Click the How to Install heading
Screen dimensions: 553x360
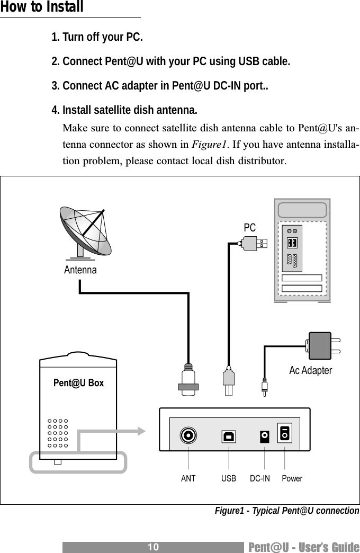tap(42, 8)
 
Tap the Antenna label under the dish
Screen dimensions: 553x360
tap(80, 270)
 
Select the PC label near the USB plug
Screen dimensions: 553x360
tap(249, 227)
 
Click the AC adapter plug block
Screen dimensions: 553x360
tap(320, 345)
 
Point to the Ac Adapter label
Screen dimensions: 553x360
tap(310, 371)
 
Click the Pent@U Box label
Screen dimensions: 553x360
tap(78, 383)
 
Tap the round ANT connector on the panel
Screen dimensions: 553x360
tap(188, 436)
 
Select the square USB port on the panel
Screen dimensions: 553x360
tap(229, 436)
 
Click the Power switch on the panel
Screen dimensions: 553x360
tap(285, 433)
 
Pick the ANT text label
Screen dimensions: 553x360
tap(188, 479)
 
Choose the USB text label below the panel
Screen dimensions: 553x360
tap(229, 479)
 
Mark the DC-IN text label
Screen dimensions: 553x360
tap(259, 479)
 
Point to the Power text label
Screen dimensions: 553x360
tap(292, 479)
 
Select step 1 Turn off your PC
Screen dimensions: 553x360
tap(97, 38)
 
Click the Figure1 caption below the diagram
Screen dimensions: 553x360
tap(286, 511)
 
